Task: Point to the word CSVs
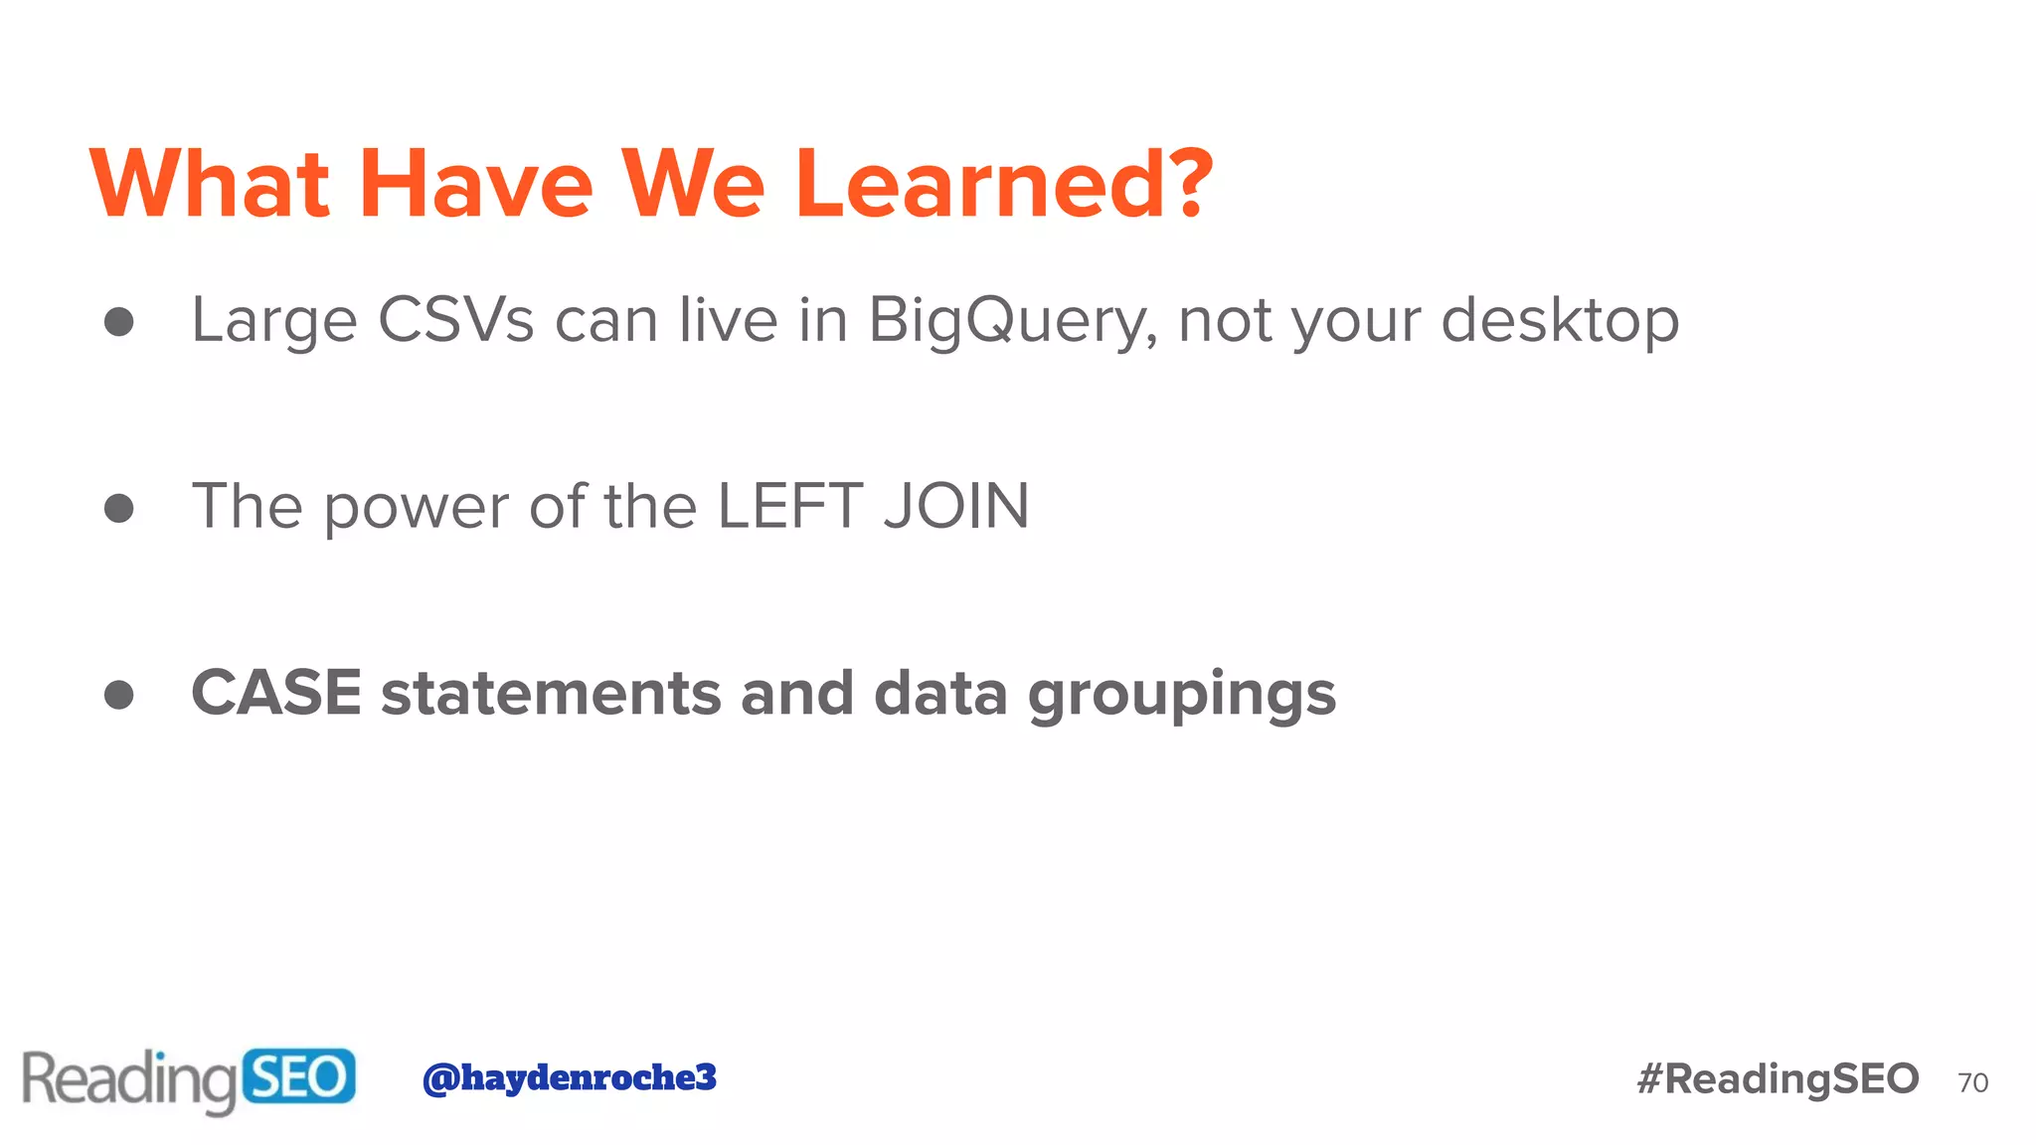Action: [456, 320]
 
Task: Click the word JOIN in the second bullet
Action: [956, 506]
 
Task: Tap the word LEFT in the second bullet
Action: [789, 506]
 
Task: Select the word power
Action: [417, 508]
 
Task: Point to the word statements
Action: [551, 694]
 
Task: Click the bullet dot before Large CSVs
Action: [119, 321]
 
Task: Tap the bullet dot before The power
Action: [119, 508]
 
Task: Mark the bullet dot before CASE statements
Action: [119, 694]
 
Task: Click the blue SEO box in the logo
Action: [298, 1076]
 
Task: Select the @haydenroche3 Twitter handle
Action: [570, 1077]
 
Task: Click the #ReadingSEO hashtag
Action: [1778, 1079]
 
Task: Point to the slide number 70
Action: [1972, 1082]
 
